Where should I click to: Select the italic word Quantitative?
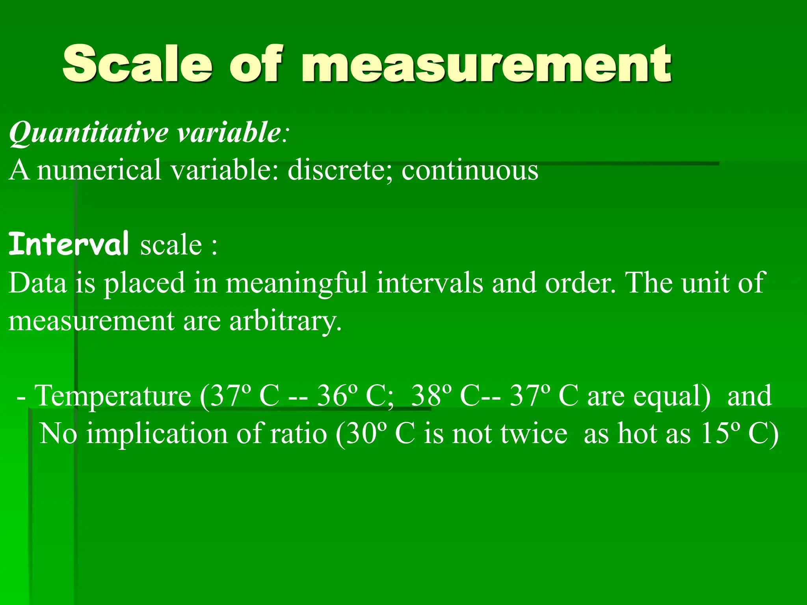tap(89, 133)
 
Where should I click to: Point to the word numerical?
tap(99, 170)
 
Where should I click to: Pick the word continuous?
tap(470, 170)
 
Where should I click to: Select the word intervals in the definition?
tap(430, 283)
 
